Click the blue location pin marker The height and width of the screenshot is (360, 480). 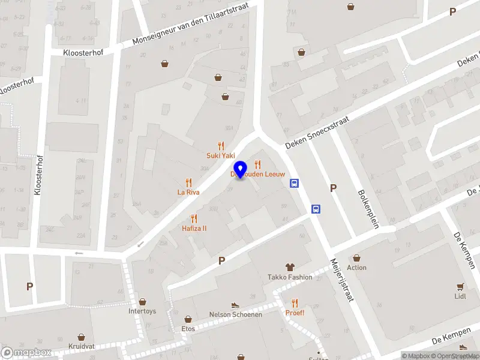click(241, 170)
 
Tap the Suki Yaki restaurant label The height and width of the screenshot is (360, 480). click(221, 155)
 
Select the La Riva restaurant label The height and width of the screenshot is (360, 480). click(188, 193)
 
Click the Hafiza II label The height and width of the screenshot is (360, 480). click(194, 229)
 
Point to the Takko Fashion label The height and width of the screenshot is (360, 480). click(290, 277)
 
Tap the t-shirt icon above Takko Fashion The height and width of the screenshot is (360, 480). click(290, 266)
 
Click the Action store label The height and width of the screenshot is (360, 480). click(356, 268)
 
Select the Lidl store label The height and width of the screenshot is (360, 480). click(460, 296)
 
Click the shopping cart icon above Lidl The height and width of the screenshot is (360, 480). click(460, 286)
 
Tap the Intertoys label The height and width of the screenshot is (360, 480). click(142, 311)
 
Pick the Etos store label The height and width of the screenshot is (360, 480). click(188, 329)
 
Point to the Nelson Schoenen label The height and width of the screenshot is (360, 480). click(235, 314)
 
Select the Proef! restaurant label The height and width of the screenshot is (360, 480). click(295, 313)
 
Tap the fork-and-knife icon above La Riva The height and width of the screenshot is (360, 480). click(188, 182)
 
